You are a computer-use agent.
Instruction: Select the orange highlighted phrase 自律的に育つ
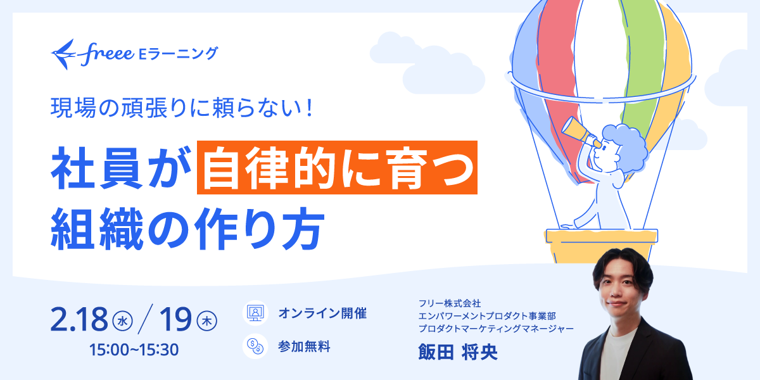(x=336, y=167)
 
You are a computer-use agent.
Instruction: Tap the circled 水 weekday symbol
(x=122, y=322)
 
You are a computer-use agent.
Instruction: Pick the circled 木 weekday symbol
(x=207, y=322)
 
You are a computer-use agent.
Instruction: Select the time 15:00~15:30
(x=134, y=348)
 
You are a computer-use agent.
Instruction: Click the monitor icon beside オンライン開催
(x=255, y=313)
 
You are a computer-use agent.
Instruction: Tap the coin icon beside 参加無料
(x=255, y=346)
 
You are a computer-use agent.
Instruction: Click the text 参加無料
(x=304, y=346)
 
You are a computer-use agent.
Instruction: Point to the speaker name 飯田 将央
(x=458, y=352)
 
